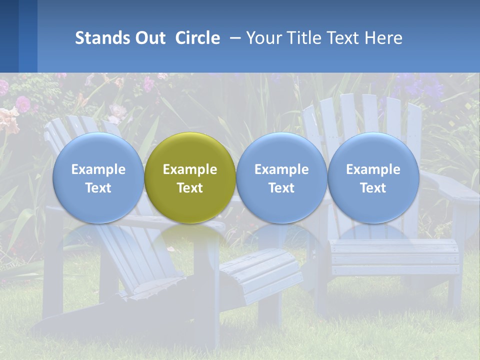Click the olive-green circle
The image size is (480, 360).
click(x=190, y=178)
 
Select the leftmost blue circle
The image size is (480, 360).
click(x=98, y=178)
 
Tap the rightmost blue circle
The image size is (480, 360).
click(x=373, y=178)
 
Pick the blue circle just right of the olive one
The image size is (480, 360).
click(x=281, y=178)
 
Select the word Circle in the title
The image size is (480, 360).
click(x=197, y=38)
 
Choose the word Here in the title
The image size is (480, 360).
click(x=382, y=38)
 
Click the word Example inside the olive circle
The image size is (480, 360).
click(x=190, y=169)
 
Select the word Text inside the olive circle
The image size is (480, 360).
click(x=190, y=188)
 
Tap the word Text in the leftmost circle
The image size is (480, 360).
click(x=98, y=188)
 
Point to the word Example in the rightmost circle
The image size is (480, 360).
click(x=373, y=169)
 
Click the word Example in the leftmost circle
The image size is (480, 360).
click(x=98, y=169)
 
